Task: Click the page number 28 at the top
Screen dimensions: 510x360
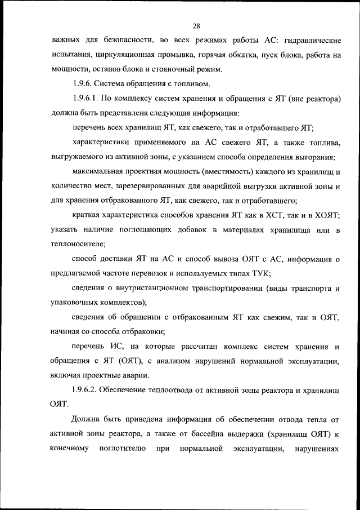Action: (196, 25)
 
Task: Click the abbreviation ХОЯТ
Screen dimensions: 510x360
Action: (324, 215)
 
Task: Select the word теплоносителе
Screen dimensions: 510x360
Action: (77, 245)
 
